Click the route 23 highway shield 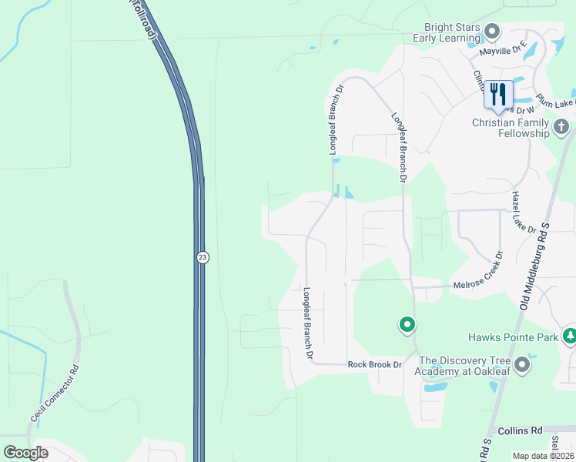click(203, 257)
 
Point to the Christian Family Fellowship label click(511, 128)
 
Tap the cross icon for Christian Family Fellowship click(561, 126)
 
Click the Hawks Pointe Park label click(513, 337)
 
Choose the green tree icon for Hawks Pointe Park click(570, 336)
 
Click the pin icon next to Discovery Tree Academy click(524, 363)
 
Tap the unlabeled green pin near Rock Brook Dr click(407, 325)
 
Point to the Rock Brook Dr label click(375, 364)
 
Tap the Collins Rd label click(521, 430)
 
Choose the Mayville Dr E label click(503, 48)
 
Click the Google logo click(25, 452)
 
